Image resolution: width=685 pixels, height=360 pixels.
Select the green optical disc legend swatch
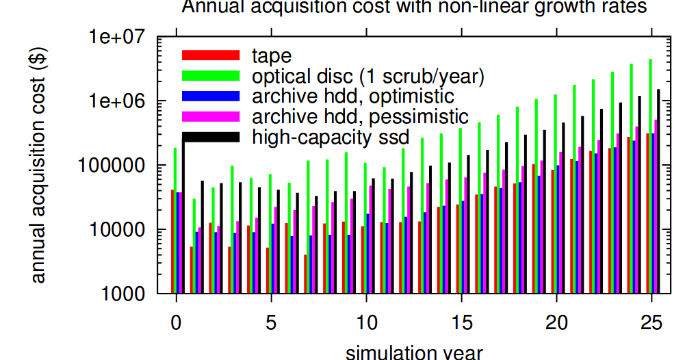[x=210, y=76]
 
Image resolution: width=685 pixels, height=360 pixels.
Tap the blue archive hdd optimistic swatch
[x=210, y=96]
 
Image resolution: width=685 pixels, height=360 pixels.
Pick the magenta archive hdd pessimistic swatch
[x=210, y=116]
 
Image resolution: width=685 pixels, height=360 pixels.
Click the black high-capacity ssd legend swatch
[x=210, y=137]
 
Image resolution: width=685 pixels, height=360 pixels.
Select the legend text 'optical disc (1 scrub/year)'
[x=367, y=76]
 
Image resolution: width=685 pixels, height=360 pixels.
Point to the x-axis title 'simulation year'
[x=415, y=352]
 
